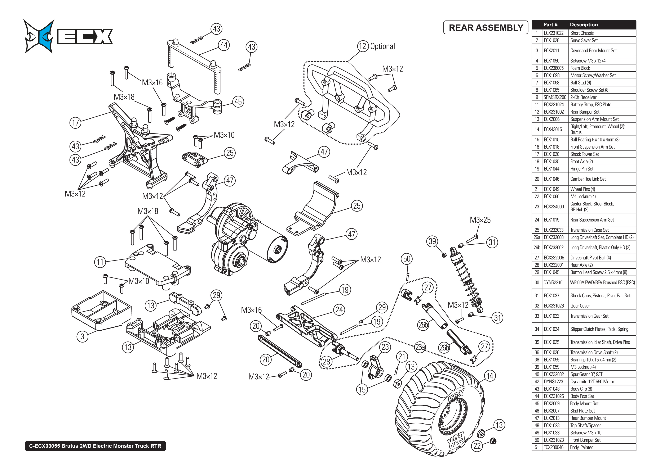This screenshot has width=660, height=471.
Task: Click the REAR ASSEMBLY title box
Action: [x=486, y=28]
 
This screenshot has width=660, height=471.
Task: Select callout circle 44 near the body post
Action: [x=224, y=45]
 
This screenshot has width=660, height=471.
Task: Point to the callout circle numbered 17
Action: [x=75, y=123]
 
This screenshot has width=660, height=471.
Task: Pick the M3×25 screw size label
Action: [x=480, y=220]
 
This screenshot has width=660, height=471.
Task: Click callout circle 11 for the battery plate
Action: [x=100, y=262]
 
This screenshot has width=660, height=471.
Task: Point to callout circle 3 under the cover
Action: [x=83, y=336]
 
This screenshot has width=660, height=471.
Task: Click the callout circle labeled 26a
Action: [x=420, y=347]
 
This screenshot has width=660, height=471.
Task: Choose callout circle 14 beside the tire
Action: [x=490, y=376]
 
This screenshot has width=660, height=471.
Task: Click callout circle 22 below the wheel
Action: [x=477, y=446]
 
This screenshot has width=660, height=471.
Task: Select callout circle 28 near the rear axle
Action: [x=327, y=361]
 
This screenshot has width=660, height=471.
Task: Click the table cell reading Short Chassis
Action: [x=582, y=33]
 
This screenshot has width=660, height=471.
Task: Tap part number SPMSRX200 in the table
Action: [x=555, y=97]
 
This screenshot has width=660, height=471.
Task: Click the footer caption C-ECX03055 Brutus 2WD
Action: [x=95, y=446]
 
